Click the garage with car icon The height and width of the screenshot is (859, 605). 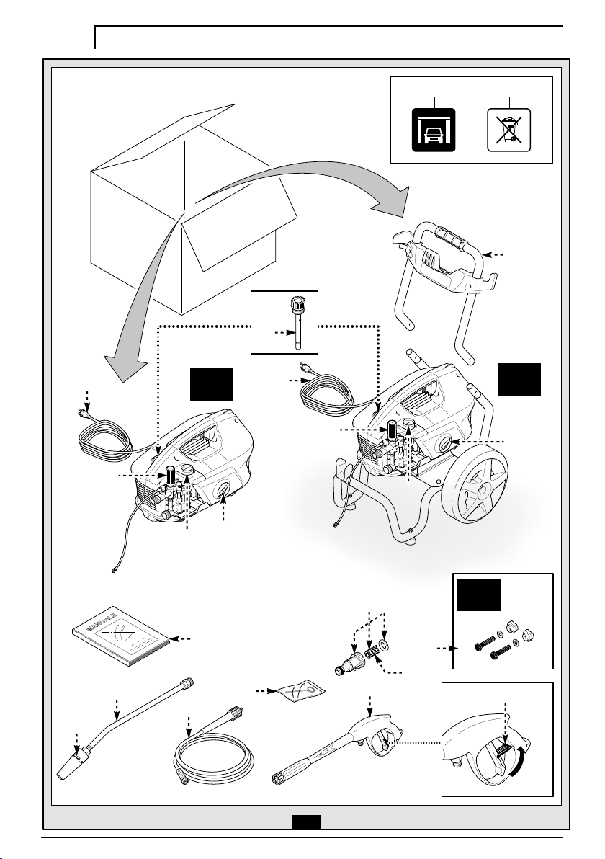[x=433, y=130]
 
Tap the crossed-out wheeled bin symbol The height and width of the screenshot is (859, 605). [x=508, y=130]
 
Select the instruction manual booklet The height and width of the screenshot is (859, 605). [x=122, y=636]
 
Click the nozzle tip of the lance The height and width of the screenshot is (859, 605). [x=70, y=765]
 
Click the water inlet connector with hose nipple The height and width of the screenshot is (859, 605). [x=347, y=664]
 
